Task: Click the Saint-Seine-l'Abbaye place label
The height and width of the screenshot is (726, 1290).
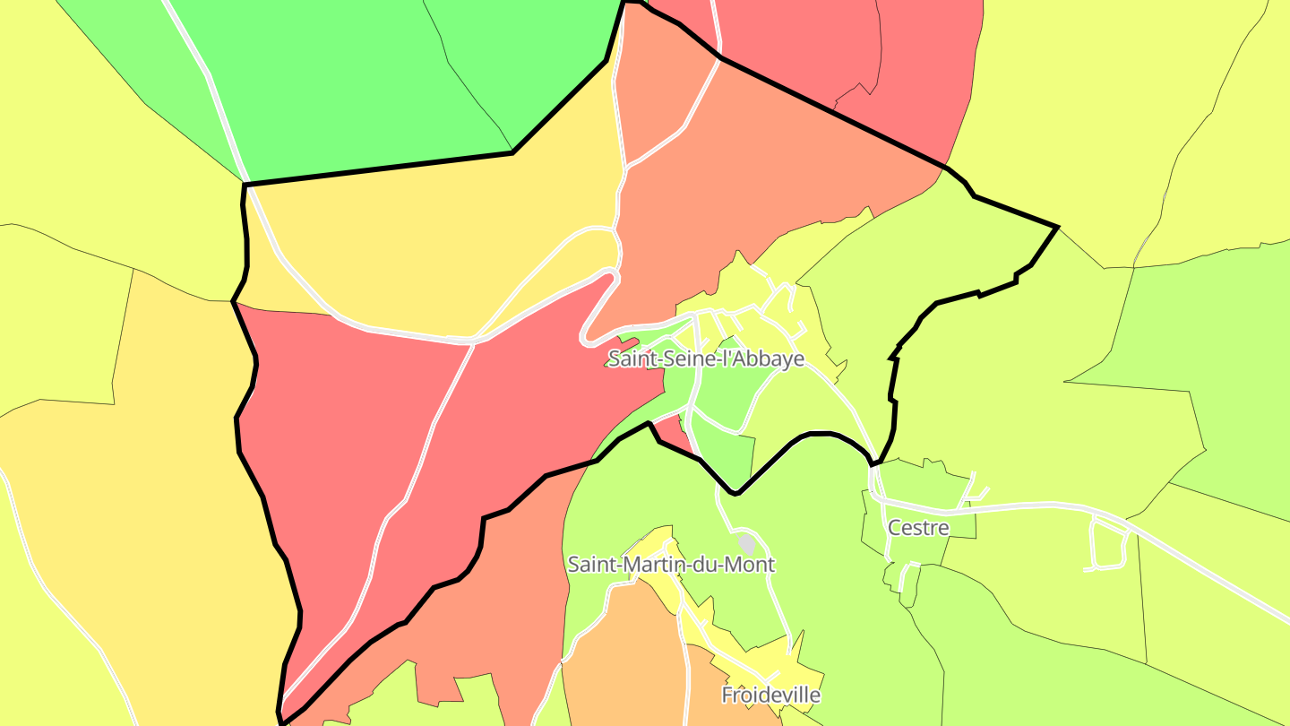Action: tap(706, 359)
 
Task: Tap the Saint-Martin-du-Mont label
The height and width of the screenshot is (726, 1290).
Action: tap(671, 565)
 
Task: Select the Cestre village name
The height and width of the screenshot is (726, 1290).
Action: tap(917, 528)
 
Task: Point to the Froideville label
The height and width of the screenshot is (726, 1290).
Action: tap(770, 695)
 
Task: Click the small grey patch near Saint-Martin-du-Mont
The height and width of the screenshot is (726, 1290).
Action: tap(746, 543)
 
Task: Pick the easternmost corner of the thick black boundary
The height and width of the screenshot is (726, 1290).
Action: tap(1058, 228)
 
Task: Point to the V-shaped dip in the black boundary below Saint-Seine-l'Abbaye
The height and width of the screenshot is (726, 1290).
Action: tap(735, 492)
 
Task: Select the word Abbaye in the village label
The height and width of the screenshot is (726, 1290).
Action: tap(767, 359)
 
